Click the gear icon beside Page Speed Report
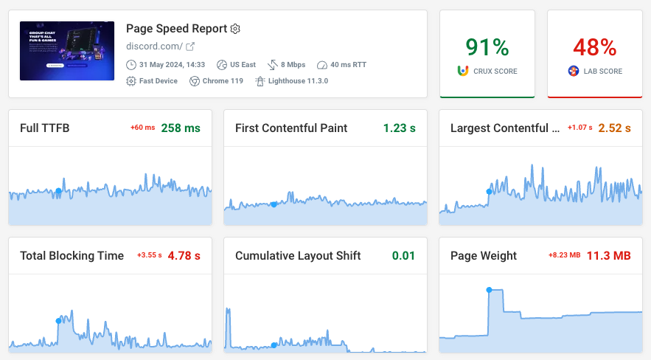click(x=235, y=29)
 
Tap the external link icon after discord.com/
click(x=190, y=46)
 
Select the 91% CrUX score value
click(x=487, y=48)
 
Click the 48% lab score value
click(x=594, y=48)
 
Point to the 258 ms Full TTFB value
click(x=181, y=128)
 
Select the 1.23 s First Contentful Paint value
click(x=399, y=128)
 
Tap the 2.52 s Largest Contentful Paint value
click(x=614, y=128)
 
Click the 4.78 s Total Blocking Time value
click(x=184, y=256)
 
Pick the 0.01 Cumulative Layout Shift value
click(x=403, y=256)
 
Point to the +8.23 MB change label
click(x=564, y=255)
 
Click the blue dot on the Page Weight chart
click(x=489, y=290)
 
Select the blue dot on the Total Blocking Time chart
click(x=58, y=320)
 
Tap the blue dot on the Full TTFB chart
click(x=58, y=191)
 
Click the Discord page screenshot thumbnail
click(x=67, y=51)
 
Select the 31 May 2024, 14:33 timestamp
click(x=171, y=65)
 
